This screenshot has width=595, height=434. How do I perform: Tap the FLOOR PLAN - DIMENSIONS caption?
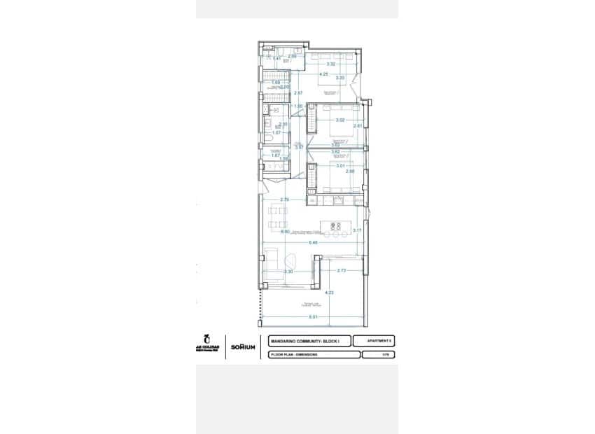(x=295, y=355)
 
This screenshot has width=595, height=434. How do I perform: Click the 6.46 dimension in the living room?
(x=313, y=242)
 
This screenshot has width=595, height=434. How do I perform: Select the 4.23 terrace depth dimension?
(x=330, y=293)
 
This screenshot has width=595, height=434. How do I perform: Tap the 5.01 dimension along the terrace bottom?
(x=314, y=317)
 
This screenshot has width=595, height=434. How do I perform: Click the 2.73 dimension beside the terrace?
(x=342, y=270)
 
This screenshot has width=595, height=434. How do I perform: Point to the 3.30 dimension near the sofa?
(x=288, y=272)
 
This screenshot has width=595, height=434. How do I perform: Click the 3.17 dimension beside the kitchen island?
(x=356, y=230)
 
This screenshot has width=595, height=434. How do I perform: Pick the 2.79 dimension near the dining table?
(x=285, y=200)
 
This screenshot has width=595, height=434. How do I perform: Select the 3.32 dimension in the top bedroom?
(x=331, y=64)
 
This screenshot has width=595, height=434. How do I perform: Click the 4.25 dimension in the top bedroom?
(x=323, y=73)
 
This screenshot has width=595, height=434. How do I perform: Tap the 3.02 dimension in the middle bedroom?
(x=340, y=120)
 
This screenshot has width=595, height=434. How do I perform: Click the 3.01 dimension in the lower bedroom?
(x=340, y=166)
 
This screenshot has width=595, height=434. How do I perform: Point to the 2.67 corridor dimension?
(x=298, y=92)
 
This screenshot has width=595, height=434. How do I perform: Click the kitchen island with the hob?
(x=335, y=226)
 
